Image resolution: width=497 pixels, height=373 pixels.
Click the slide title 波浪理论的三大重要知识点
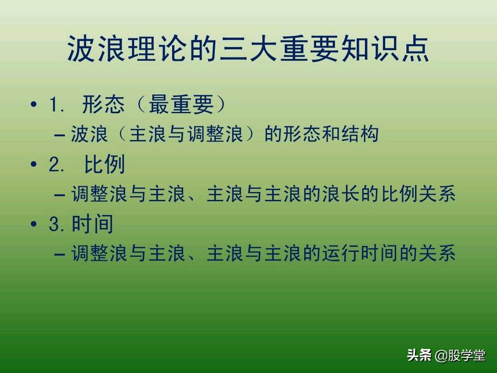click(x=248, y=49)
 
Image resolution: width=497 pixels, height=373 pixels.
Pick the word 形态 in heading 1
click(x=104, y=105)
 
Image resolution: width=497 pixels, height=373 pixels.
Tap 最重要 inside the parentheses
click(x=181, y=105)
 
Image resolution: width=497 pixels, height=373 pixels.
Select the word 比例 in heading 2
click(x=104, y=164)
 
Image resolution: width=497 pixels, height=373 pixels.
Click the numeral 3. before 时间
click(x=58, y=224)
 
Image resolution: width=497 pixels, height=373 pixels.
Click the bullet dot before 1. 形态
click(x=33, y=105)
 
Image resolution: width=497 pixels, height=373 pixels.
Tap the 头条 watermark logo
click(x=419, y=356)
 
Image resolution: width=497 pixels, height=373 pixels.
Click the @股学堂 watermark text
click(x=460, y=356)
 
